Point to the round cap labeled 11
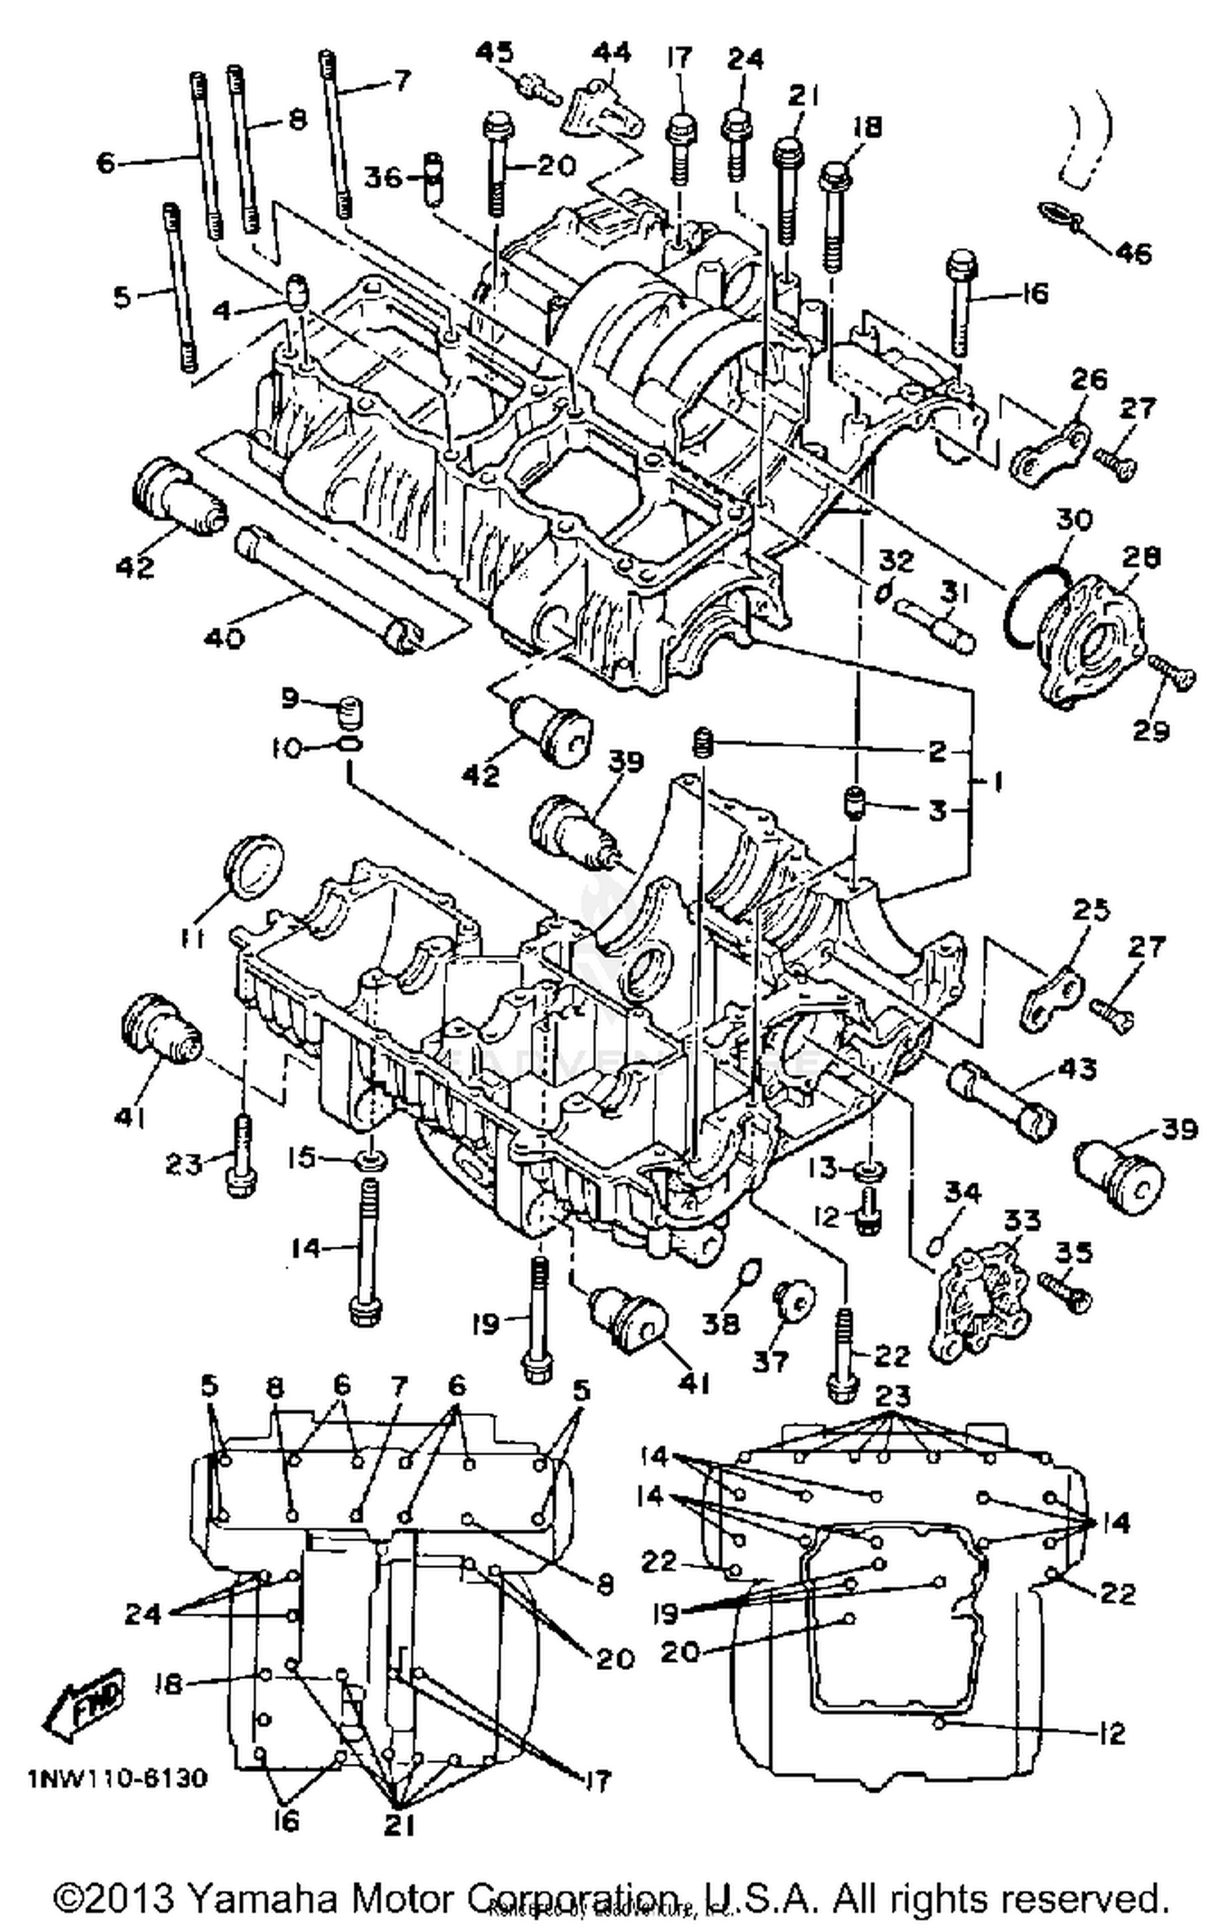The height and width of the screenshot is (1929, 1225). (255, 868)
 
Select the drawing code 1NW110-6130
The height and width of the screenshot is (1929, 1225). (117, 1778)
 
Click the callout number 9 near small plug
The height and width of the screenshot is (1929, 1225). (292, 698)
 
